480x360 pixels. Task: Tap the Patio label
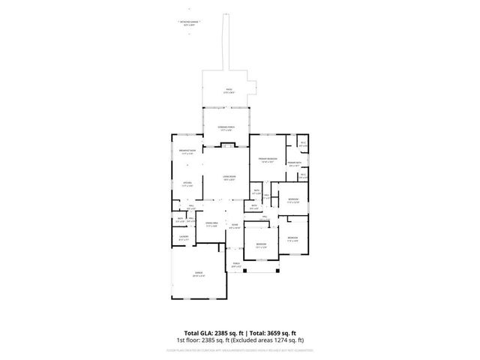pyautogui.click(x=229, y=91)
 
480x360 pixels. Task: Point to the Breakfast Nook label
pyautogui.click(x=187, y=151)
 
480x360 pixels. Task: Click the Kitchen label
pyautogui.click(x=187, y=183)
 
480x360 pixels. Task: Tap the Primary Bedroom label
pyautogui.click(x=268, y=159)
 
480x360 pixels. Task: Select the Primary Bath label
pyautogui.click(x=295, y=163)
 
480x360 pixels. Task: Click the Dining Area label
pyautogui.click(x=211, y=223)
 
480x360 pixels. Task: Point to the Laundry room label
pyautogui.click(x=183, y=238)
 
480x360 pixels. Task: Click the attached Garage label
pyautogui.click(x=199, y=274)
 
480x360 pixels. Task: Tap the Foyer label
pyautogui.click(x=235, y=225)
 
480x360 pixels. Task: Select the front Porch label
pyautogui.click(x=236, y=264)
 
